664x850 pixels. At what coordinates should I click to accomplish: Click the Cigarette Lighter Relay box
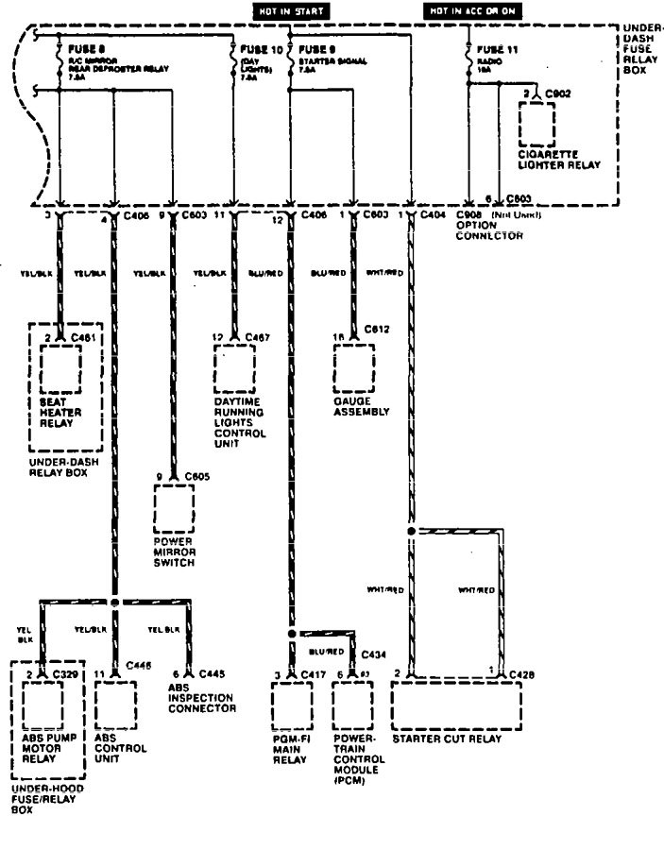click(x=536, y=122)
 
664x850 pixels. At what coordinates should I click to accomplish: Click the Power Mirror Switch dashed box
click(x=174, y=511)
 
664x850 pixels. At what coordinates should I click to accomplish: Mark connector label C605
click(x=196, y=476)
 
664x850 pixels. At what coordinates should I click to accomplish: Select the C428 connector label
click(x=520, y=673)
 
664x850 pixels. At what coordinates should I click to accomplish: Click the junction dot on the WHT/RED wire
click(x=411, y=532)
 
